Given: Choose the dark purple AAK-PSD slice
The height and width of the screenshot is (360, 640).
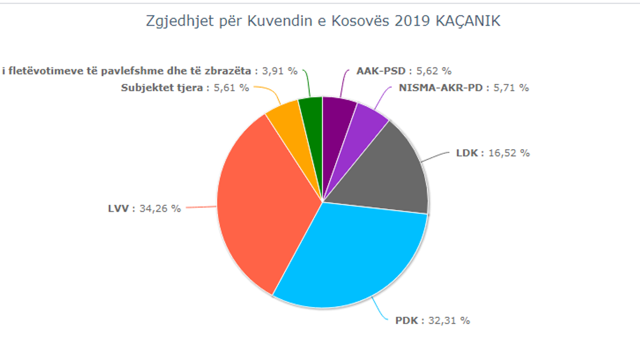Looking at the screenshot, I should point(337,116).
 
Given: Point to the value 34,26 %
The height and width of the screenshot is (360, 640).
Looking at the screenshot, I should point(160,208).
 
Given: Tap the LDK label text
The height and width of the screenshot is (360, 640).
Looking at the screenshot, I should point(467,153).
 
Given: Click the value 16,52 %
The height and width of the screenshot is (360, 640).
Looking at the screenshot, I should point(509,153).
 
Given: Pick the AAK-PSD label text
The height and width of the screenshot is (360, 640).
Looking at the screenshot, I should point(381,71).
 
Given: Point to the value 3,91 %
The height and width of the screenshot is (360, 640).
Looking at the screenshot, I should point(280,71).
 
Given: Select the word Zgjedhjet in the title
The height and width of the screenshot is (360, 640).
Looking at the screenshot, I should point(172,22).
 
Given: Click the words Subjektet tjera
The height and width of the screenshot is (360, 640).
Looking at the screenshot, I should point(161,87).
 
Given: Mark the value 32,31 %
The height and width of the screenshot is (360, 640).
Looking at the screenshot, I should point(449,320).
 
